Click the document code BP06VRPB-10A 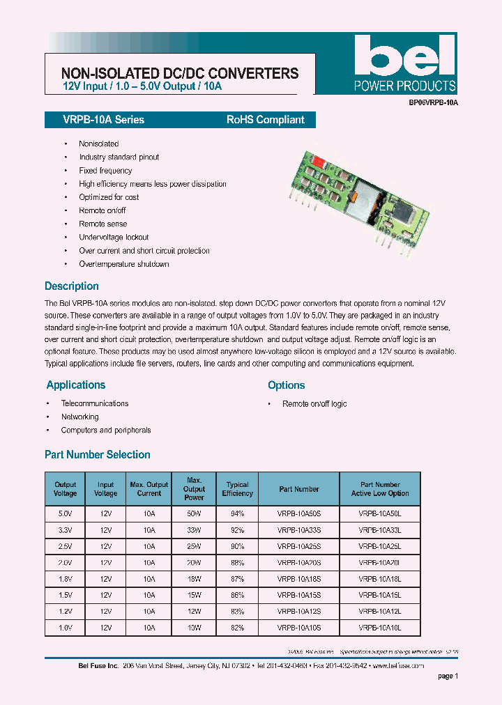point(434,102)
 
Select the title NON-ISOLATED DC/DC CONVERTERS point(180,73)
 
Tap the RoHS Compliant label point(265,120)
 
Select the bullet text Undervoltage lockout point(114,238)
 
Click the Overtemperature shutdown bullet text point(123,264)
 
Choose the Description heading point(72,286)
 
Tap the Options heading point(286,385)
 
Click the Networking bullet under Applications point(79,417)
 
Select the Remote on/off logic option point(314,404)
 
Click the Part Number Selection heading point(98,455)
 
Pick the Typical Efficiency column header point(237,489)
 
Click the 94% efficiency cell point(237,513)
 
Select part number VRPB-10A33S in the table point(298,529)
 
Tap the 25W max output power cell point(194,546)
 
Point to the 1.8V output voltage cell point(65,579)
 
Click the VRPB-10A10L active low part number point(379,628)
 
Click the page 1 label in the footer point(448,676)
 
